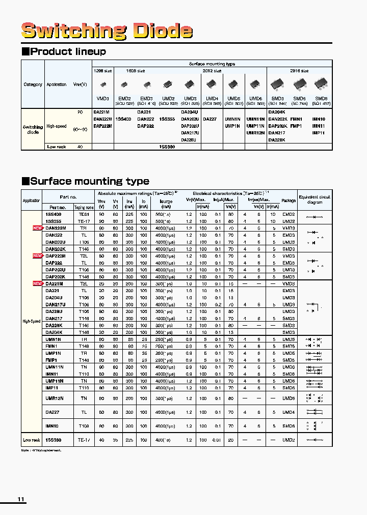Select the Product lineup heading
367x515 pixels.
[64, 51]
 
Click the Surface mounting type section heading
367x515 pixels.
[85, 181]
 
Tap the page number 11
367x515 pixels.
[21, 499]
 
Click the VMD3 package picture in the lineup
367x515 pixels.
[103, 84]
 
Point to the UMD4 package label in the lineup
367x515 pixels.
[212, 98]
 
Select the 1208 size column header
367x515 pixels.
[103, 71]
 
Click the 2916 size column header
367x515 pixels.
[299, 71]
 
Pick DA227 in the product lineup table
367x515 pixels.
[210, 119]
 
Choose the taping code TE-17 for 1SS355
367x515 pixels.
[84, 221]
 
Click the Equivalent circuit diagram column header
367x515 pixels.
[314, 199]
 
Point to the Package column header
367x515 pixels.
[289, 201]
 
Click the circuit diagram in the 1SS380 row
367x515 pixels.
[314, 440]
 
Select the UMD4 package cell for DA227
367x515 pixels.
[289, 412]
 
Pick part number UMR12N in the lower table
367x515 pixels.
[54, 398]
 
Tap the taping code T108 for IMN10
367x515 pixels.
[84, 426]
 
